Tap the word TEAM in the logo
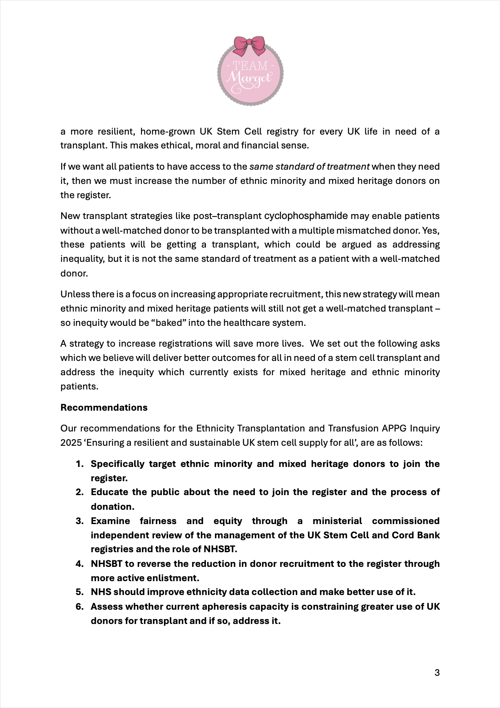[x=250, y=66]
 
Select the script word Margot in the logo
[x=249, y=78]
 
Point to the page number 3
[x=437, y=673]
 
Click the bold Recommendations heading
[x=104, y=407]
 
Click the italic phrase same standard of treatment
[x=310, y=166]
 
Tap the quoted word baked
[x=171, y=323]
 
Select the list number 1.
[x=80, y=464]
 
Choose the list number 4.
[x=80, y=564]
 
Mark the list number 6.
[x=80, y=606]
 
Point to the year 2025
[x=71, y=442]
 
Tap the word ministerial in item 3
[x=337, y=521]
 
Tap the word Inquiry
[x=425, y=428]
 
